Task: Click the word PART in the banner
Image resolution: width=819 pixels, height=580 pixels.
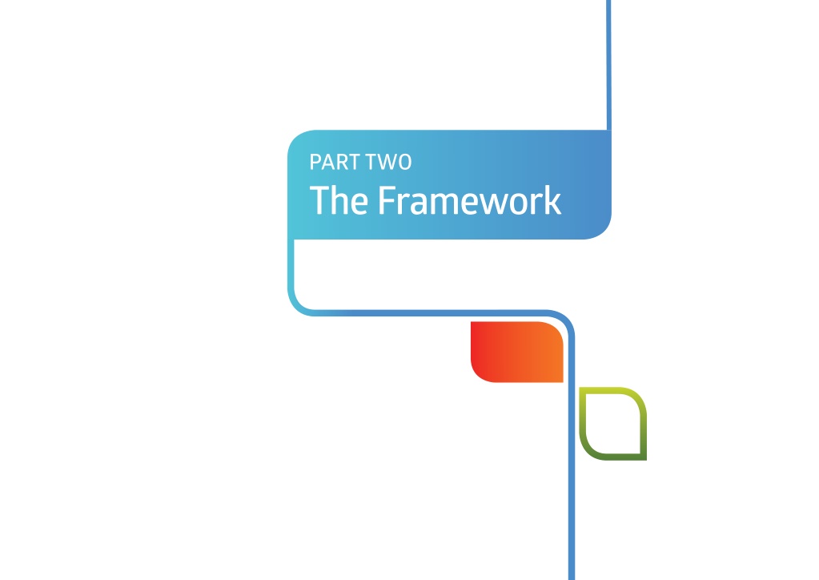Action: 331,162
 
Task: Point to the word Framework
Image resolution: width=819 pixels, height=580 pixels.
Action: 470,200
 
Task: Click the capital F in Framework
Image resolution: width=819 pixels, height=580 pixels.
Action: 387,200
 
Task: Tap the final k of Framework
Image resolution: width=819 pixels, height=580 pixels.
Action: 552,199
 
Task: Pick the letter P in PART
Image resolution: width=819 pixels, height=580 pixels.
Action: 315,162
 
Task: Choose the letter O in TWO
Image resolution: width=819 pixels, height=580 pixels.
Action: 405,162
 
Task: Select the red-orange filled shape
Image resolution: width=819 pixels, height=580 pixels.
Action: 517,352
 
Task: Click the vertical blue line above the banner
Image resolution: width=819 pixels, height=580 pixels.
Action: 608,65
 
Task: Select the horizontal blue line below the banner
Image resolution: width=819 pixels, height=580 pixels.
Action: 429,313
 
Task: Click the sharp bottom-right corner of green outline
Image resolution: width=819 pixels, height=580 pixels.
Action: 645,459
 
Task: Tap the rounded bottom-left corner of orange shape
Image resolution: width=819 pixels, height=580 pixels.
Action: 479,375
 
